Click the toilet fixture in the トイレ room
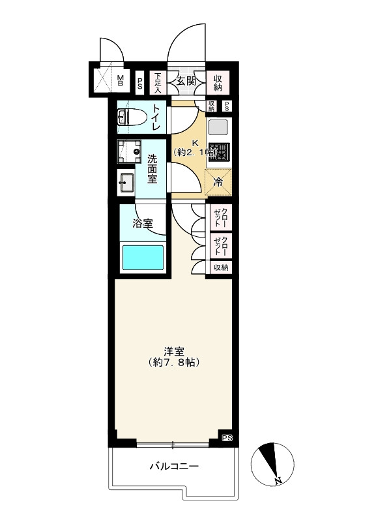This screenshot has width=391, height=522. click(x=132, y=117)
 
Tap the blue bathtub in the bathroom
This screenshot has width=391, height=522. click(x=143, y=257)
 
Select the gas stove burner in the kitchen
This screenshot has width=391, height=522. click(x=219, y=151)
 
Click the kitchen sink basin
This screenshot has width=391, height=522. click(x=218, y=127)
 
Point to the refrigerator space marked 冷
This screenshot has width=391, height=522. click(x=218, y=182)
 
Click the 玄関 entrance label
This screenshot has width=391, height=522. click(x=186, y=80)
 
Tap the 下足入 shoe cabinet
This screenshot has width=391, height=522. click(x=158, y=83)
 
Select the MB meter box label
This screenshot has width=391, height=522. click(x=121, y=80)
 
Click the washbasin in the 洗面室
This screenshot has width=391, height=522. click(x=126, y=183)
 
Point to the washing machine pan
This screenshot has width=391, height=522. click(x=129, y=151)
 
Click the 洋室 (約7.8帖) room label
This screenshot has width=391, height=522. click(x=174, y=357)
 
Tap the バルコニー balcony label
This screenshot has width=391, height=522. click(x=174, y=466)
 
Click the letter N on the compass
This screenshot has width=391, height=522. click(x=278, y=480)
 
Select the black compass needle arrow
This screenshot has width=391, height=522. click(x=269, y=459)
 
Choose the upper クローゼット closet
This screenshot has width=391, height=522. click(x=221, y=217)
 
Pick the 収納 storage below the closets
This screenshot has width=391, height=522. click(x=221, y=268)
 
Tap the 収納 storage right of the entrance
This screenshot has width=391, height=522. click(x=218, y=83)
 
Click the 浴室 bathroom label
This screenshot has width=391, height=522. click(x=143, y=223)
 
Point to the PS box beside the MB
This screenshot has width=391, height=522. click(x=140, y=84)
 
